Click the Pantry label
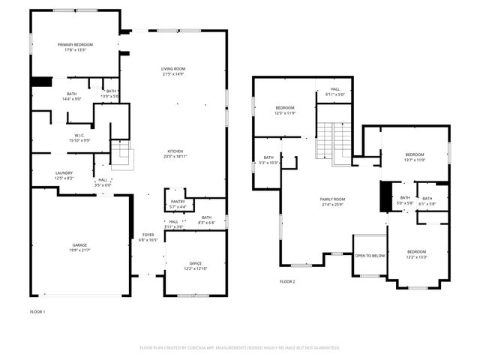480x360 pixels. pos(178,203)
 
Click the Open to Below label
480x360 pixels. pos(370,256)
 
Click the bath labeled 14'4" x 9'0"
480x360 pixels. pos(71,96)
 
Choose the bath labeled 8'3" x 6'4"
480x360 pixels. pos(206,220)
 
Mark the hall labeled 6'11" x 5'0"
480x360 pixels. pos(334,92)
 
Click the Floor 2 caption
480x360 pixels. pos(287,282)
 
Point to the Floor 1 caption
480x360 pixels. pos(37,311)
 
